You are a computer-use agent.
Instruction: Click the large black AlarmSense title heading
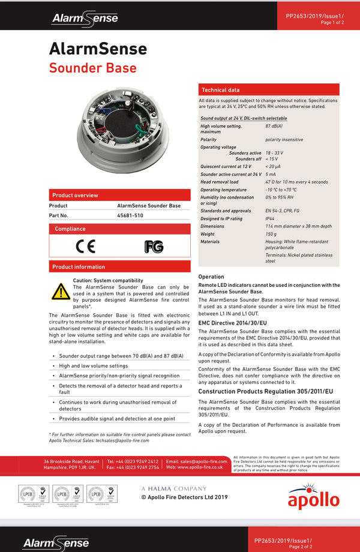tap(98, 49)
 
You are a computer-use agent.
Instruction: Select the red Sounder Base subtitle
tap(92, 68)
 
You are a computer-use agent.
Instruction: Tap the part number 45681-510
tap(130, 215)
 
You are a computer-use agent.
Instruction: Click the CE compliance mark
tap(85, 246)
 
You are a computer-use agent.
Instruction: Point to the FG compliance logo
tap(154, 247)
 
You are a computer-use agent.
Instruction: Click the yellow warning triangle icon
tap(60, 291)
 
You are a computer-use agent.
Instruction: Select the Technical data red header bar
tap(268, 89)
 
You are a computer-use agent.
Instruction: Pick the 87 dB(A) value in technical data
tap(274, 126)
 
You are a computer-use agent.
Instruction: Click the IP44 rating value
tap(270, 218)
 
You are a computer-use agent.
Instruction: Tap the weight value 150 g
tap(271, 234)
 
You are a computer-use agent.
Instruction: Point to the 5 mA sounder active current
tap(271, 174)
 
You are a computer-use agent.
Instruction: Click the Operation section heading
tap(211, 277)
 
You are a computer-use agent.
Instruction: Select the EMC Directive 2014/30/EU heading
tap(233, 323)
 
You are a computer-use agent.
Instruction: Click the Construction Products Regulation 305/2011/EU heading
tap(265, 391)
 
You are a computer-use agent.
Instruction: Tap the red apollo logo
tap(313, 497)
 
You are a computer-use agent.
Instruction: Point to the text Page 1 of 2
tap(332, 22)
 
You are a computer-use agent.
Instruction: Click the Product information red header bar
tap(119, 266)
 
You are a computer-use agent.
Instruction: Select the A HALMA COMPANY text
tap(173, 488)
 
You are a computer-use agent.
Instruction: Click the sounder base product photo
tap(120, 129)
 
